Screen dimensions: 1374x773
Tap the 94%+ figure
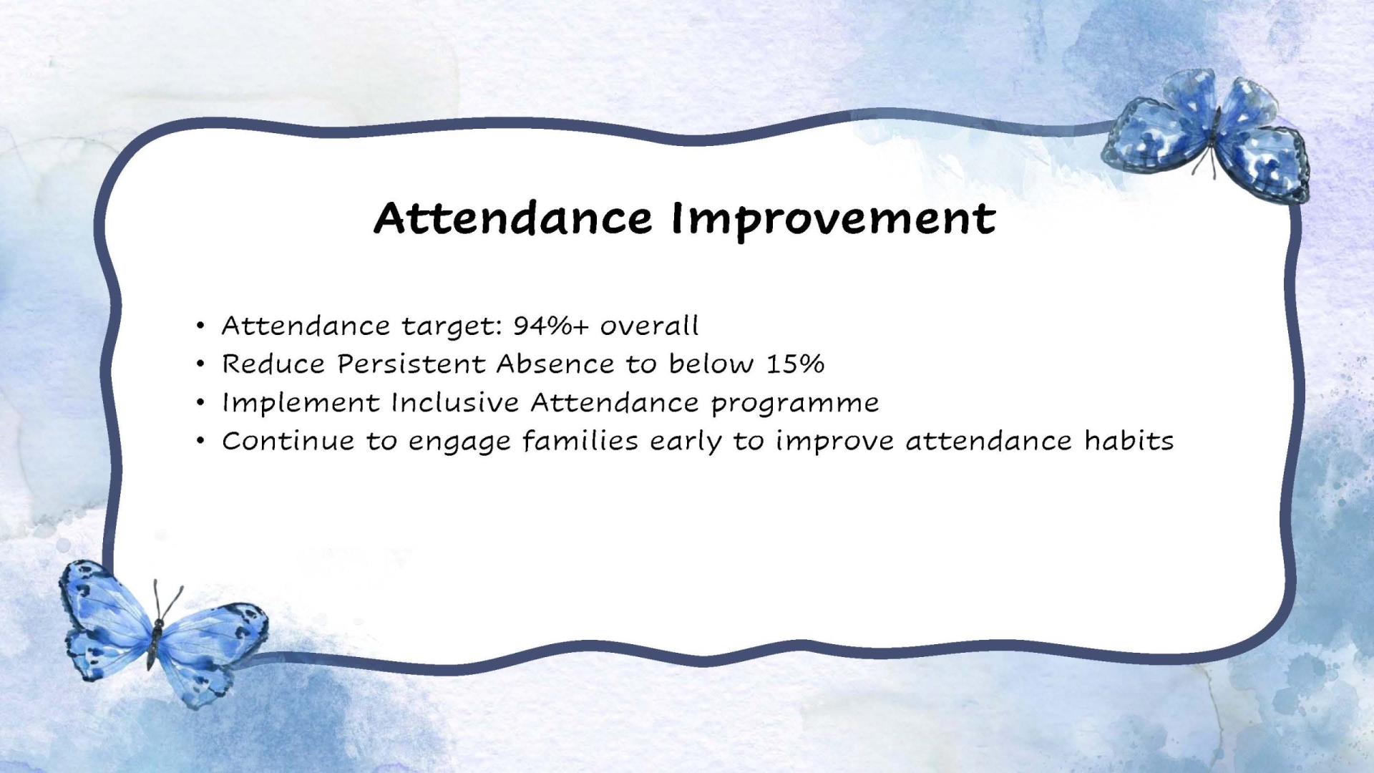pos(550,326)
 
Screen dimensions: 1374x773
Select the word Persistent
pos(411,364)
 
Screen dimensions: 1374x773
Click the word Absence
pos(555,364)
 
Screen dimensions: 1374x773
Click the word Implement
pos(301,404)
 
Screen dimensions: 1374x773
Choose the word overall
pos(649,326)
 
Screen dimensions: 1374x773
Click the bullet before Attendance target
pos(200,326)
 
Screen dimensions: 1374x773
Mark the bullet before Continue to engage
pos(200,442)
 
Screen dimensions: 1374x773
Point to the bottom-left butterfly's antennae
pos(166,601)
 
